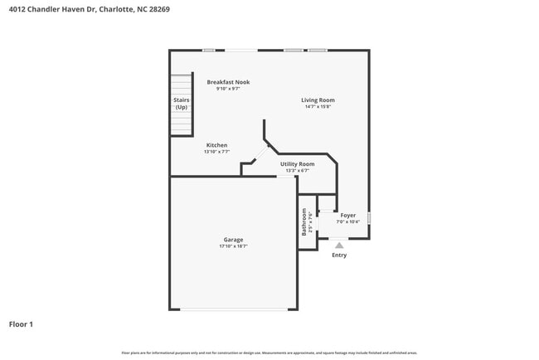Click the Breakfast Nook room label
[228, 82]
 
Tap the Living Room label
[318, 100]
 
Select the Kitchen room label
[216, 145]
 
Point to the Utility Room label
[297, 164]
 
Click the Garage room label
[233, 240]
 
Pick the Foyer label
[347, 215]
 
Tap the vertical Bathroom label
[304, 221]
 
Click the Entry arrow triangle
[339, 246]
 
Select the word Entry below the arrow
[339, 255]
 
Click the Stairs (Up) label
[181, 104]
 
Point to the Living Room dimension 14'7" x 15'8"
[318, 107]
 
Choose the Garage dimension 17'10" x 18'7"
[233, 246]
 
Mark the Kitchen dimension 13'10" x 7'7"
[216, 153]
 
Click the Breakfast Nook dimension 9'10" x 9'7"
[228, 89]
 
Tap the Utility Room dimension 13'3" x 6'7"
[297, 171]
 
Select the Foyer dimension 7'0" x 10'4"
[347, 221]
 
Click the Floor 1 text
[21, 324]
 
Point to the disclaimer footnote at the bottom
[269, 353]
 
